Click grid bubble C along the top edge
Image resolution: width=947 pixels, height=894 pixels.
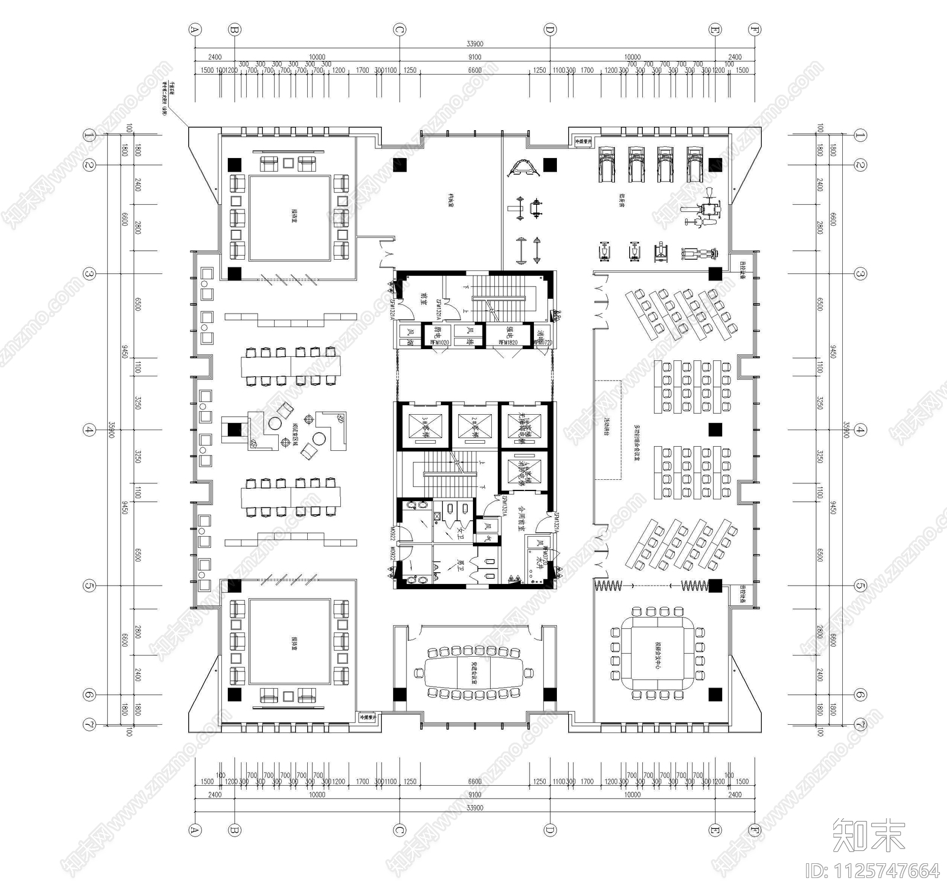point(400,29)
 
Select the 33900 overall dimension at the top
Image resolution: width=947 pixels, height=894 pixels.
point(475,44)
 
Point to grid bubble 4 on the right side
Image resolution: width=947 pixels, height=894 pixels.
point(860,430)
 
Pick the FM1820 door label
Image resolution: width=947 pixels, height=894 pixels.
point(508,343)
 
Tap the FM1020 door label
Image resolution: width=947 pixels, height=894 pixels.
point(439,343)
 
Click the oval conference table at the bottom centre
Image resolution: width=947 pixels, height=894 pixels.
point(474,672)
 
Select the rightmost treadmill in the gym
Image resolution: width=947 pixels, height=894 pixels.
point(695,164)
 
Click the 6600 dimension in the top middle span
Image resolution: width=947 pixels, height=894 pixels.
point(475,70)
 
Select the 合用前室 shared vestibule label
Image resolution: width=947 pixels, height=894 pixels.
point(521,518)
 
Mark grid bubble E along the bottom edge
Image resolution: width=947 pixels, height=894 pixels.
point(715,830)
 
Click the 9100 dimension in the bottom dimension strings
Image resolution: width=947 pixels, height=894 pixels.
point(475,795)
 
